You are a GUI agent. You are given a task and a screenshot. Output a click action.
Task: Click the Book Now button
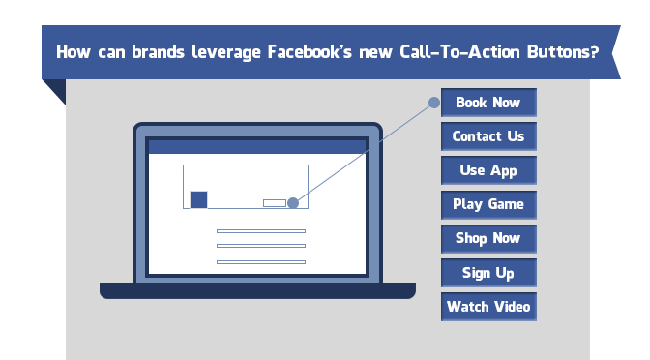pos(487,103)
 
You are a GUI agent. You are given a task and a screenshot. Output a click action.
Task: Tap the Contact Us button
pos(487,136)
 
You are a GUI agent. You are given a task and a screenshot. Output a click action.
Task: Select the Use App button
pos(487,170)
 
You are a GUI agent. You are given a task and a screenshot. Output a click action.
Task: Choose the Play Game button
pos(487,204)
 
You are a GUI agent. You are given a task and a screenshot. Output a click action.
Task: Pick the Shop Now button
pos(487,238)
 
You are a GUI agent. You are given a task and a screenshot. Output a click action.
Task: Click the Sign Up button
pos(487,273)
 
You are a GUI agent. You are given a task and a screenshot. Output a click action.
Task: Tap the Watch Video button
pos(487,307)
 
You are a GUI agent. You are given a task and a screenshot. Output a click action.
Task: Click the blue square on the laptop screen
pos(198,199)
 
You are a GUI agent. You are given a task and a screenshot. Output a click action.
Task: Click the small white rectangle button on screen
pos(275,202)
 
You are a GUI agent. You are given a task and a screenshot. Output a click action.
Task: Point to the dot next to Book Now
pos(434,102)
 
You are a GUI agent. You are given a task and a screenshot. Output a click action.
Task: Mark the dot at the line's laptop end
pos(293,202)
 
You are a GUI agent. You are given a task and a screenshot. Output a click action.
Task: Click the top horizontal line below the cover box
pos(260,231)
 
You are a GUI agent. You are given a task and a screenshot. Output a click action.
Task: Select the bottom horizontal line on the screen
pos(260,261)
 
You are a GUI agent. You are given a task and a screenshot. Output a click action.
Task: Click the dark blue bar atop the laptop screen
pos(256,147)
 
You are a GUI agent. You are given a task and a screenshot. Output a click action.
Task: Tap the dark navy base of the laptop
pos(257,290)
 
